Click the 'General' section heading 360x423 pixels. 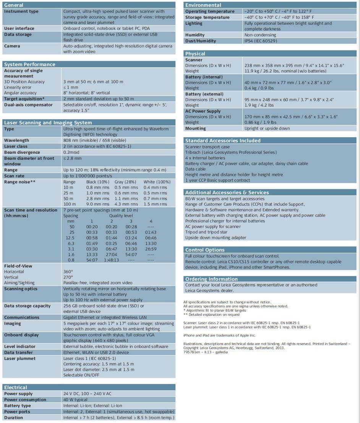click(14, 5)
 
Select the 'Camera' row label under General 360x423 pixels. click(12, 46)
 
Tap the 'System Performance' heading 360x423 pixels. click(30, 64)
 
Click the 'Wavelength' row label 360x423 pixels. click(16, 140)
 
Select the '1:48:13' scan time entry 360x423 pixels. click(112, 260)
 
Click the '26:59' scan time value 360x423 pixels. click(151, 249)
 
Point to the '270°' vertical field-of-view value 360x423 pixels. click(68, 277)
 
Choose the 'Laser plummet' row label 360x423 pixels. click(20, 358)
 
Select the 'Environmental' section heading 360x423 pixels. click(203, 5)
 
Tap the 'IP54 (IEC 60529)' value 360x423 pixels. click(261, 41)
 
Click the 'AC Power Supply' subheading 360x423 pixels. click(203, 111)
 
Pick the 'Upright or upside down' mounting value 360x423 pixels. click(267, 129)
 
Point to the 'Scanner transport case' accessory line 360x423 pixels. click(208, 146)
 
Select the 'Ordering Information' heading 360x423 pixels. click(211, 279)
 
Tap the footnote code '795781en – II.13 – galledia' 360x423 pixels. click(205, 352)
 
